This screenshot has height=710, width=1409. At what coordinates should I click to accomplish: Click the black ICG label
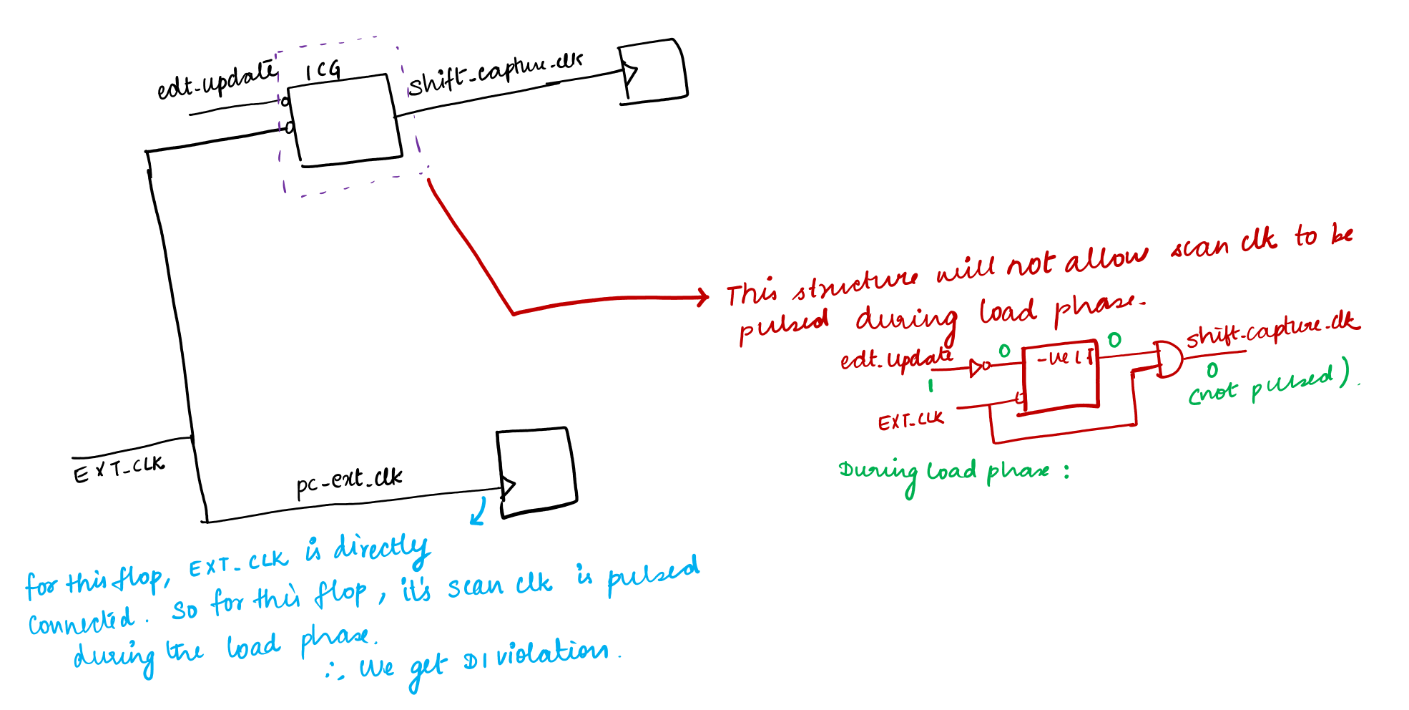323,70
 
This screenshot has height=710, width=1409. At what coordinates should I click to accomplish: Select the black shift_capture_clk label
496,72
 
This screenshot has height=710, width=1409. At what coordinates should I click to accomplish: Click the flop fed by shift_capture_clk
652,71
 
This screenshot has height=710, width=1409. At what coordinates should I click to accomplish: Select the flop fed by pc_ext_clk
536,472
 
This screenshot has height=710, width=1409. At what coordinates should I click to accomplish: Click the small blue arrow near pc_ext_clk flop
478,512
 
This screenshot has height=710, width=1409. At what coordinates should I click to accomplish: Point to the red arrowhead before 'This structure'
702,296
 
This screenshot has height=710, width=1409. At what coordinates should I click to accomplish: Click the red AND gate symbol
1167,359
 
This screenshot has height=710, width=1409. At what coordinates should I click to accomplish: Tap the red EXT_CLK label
910,420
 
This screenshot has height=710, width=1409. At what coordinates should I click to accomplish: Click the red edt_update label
896,357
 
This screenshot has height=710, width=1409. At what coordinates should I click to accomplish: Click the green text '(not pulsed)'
1270,384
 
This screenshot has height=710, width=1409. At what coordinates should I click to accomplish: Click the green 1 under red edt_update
931,386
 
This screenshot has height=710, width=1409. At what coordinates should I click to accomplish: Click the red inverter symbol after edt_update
978,368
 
